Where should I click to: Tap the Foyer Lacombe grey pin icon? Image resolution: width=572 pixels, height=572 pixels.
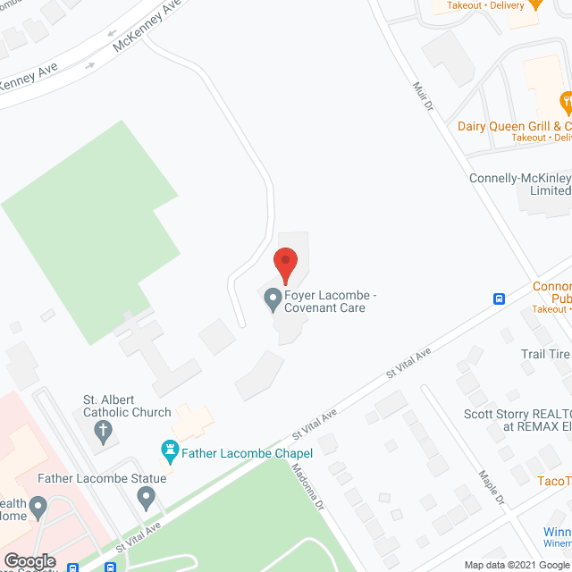pos(273,301)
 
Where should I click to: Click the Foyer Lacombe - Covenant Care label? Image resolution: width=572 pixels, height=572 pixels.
pos(325,302)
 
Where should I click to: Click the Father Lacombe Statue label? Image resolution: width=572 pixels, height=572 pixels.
pos(102,479)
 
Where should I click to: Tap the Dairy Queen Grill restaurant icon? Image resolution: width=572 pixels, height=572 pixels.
pos(564,98)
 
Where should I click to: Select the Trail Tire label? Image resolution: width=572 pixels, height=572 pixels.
pos(545,355)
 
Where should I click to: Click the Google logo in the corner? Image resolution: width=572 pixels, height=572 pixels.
pos(29,561)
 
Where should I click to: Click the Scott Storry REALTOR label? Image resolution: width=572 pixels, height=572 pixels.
pos(517,420)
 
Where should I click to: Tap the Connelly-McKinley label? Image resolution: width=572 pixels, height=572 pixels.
pos(519,184)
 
